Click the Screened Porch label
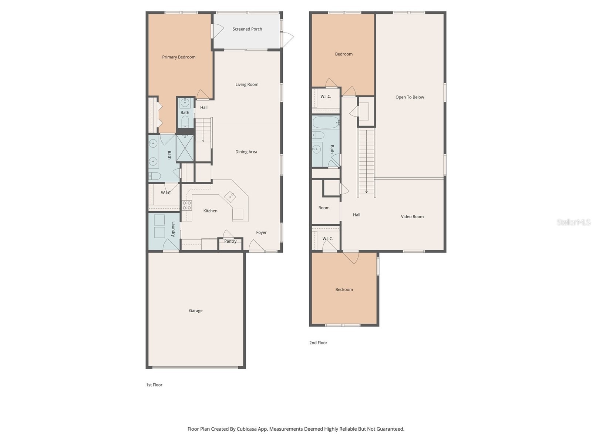[247, 29]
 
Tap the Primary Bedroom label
[179, 57]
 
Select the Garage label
[195, 310]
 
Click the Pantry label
[230, 241]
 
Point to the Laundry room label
[173, 229]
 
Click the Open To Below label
[410, 97]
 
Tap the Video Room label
[412, 216]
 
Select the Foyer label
[261, 232]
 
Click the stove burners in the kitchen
[186, 205]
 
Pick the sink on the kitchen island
[230, 196]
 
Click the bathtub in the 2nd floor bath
[326, 122]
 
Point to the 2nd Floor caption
[318, 343]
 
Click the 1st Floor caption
[154, 385]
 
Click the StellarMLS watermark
[573, 222]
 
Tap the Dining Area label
[246, 152]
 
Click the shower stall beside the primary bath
[185, 148]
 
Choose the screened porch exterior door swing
[287, 38]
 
